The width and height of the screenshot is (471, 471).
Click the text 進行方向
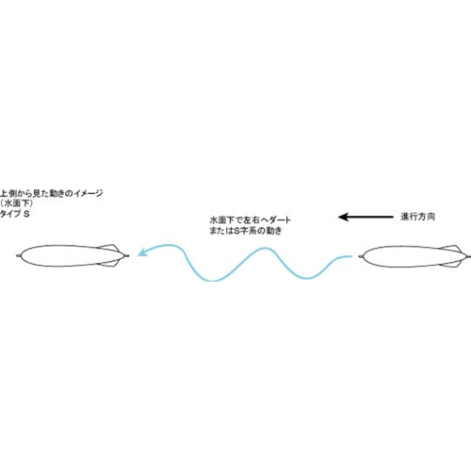pos(417,217)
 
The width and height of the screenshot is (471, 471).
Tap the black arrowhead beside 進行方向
pos(344,217)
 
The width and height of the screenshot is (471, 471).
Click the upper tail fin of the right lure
pos(453,248)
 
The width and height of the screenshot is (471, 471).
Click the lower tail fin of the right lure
pos(453,265)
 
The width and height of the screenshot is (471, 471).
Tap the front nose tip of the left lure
pos(17,256)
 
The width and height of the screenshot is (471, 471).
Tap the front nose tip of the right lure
pos(359,256)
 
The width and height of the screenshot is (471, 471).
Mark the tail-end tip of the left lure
pos(128,256)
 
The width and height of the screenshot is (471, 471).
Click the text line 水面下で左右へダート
pos(251,219)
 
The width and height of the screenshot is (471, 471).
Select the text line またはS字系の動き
pos(246,231)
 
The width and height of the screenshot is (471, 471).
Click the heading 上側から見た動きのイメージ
pos(51,193)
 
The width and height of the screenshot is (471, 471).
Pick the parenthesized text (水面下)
pos(16,203)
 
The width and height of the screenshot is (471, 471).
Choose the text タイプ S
pos(15,214)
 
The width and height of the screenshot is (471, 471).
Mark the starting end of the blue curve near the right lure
pos(351,256)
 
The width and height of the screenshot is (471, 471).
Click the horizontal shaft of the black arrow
pos(371,217)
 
